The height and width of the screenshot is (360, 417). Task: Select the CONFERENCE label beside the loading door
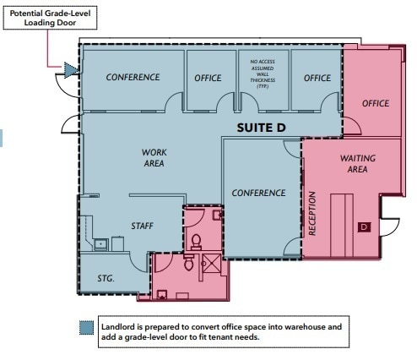[x=133, y=78]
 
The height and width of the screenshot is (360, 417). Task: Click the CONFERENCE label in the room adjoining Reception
[x=259, y=193]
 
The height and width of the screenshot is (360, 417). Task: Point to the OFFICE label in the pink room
[x=376, y=103]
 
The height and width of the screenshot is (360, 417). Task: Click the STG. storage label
[x=105, y=276]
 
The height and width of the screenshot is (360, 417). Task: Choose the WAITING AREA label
[x=358, y=164]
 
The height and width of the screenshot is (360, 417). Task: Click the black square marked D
[x=364, y=226]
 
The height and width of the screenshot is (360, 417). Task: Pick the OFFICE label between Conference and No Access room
[x=208, y=78]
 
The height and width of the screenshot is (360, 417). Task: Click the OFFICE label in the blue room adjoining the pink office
[x=317, y=78]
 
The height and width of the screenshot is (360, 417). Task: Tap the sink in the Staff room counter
[x=101, y=244]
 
